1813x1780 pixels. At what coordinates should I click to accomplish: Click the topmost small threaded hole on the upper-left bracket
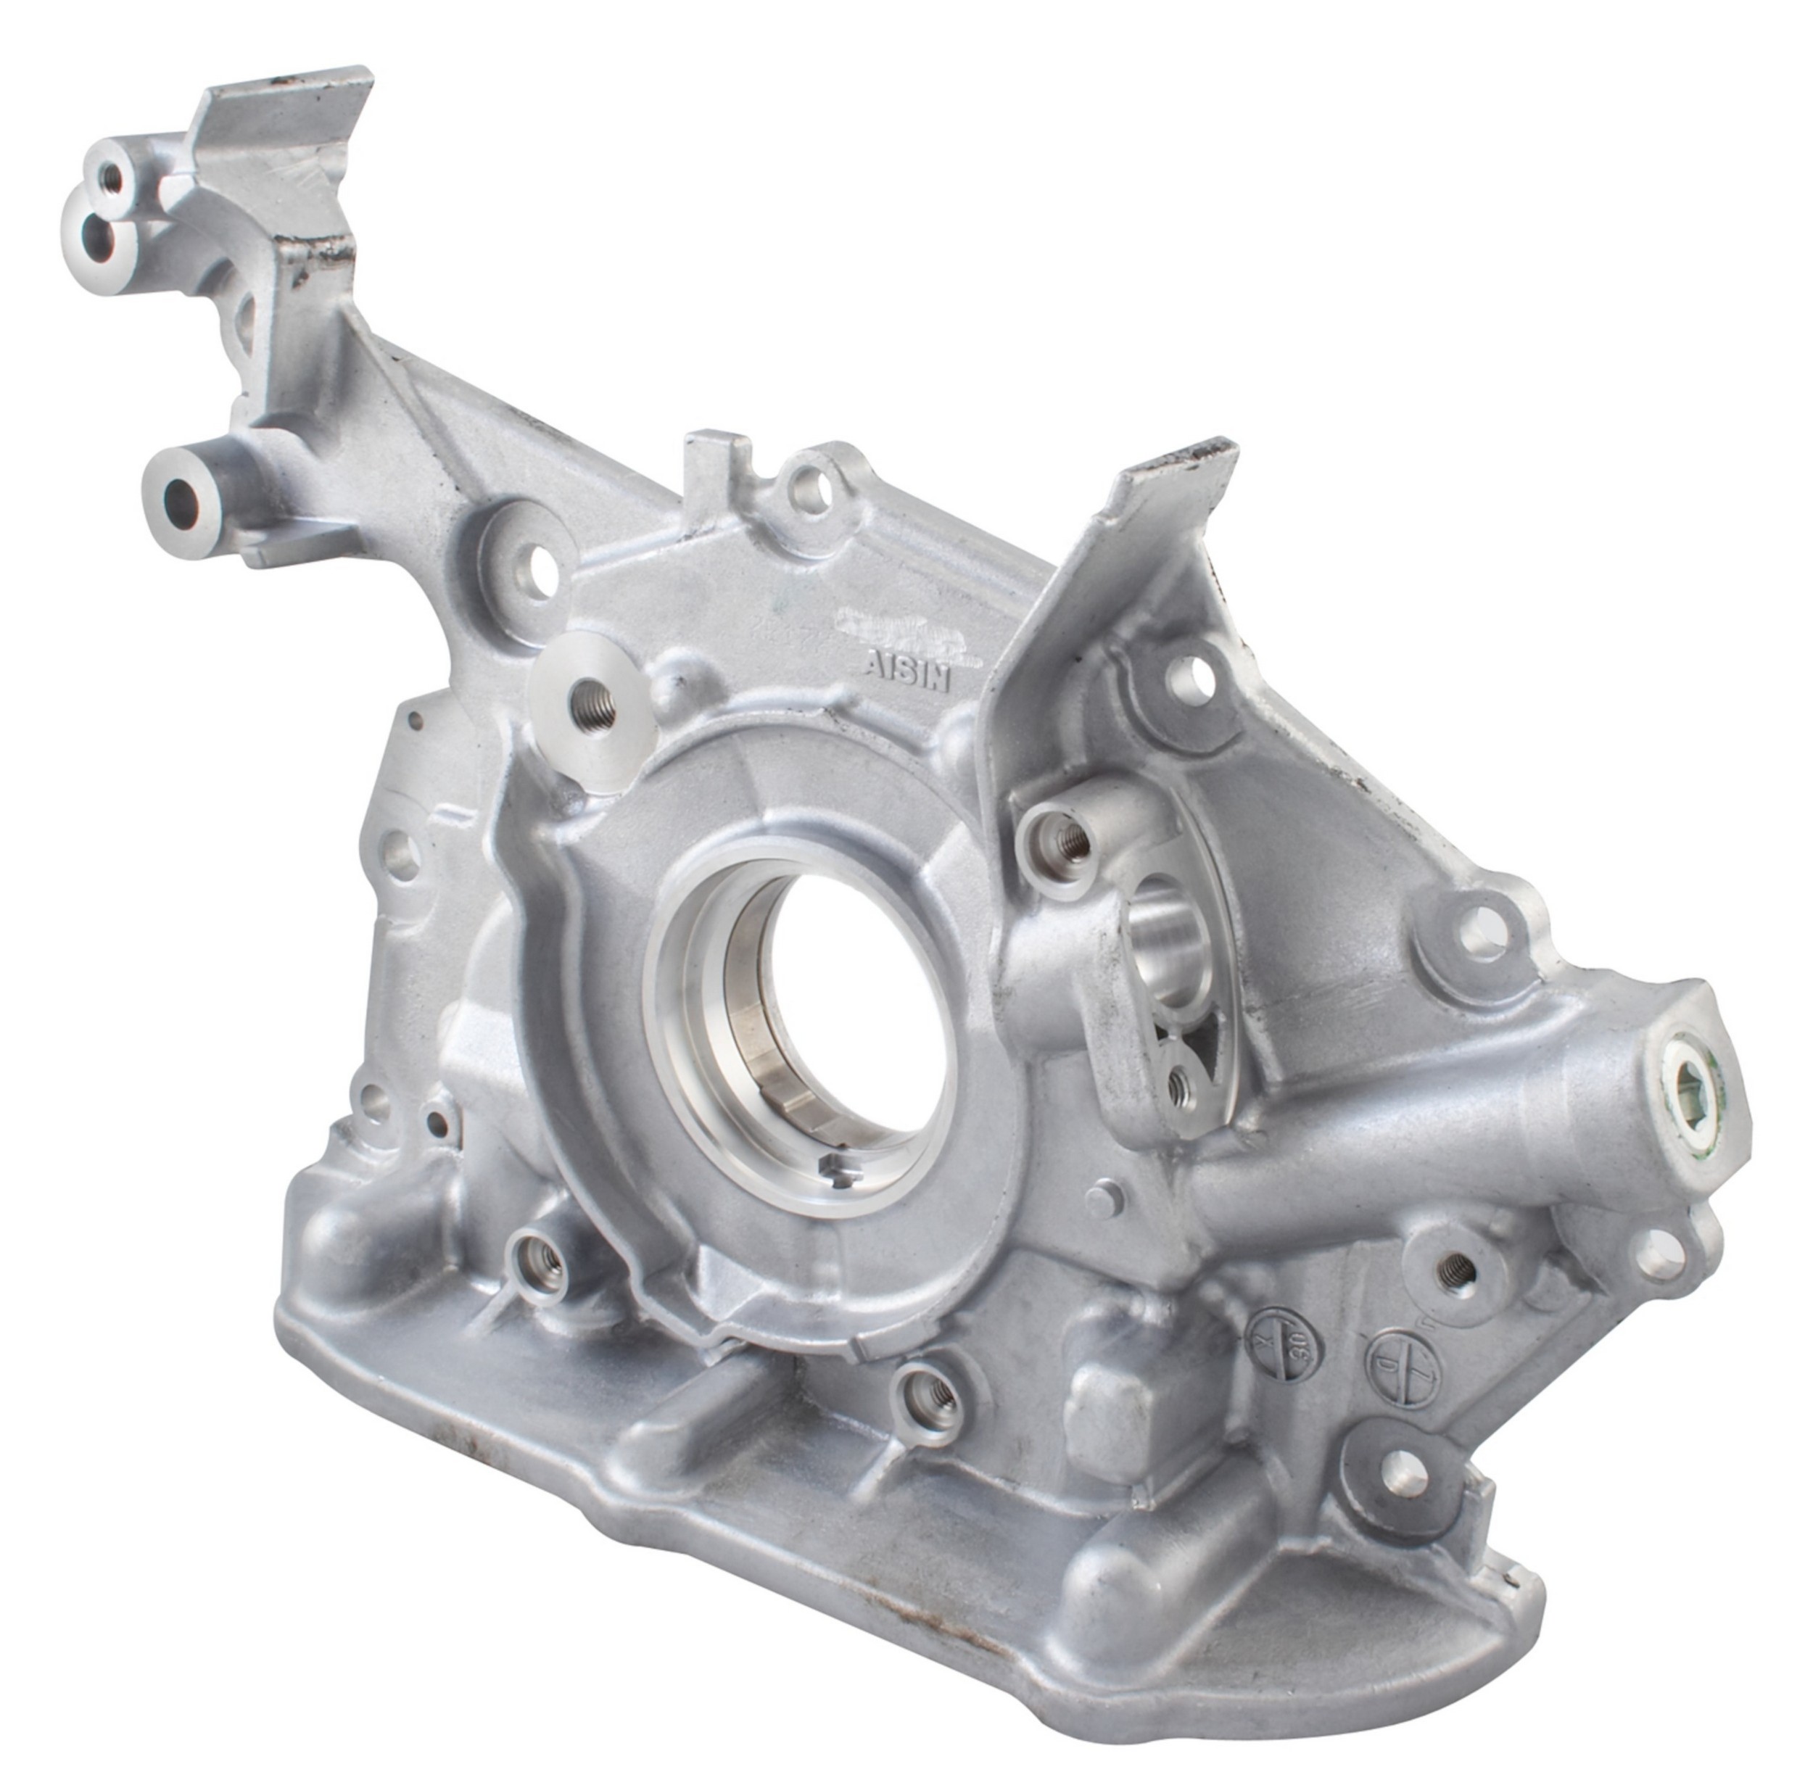(x=110, y=174)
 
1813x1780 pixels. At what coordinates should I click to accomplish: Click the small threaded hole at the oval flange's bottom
(x=1180, y=1083)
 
